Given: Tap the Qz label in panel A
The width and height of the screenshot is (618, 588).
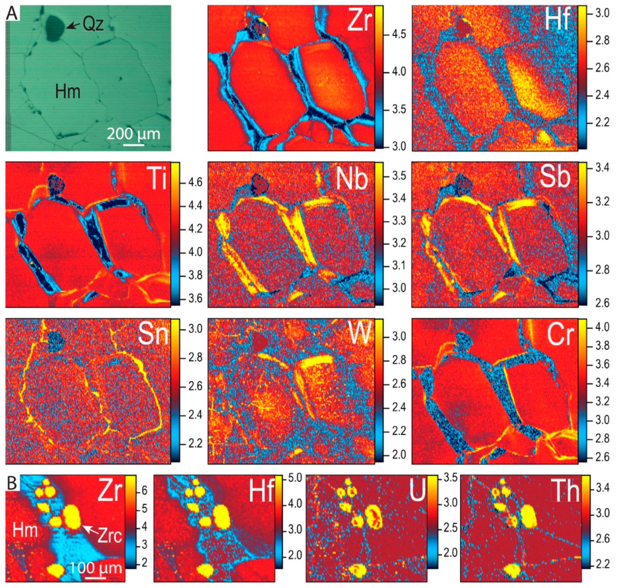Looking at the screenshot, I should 93,24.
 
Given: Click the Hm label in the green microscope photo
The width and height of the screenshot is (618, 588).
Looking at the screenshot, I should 67,92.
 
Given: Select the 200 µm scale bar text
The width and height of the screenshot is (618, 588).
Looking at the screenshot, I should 134,134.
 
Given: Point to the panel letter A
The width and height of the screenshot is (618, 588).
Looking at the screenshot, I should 12,13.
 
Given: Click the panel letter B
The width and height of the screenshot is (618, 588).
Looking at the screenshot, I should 12,483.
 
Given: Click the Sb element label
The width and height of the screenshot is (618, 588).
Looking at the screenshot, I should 555,178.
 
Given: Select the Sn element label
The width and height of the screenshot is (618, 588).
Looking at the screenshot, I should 153,334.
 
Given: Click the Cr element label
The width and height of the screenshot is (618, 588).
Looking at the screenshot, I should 561,335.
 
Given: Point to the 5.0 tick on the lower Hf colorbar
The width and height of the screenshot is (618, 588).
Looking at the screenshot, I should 295,478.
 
